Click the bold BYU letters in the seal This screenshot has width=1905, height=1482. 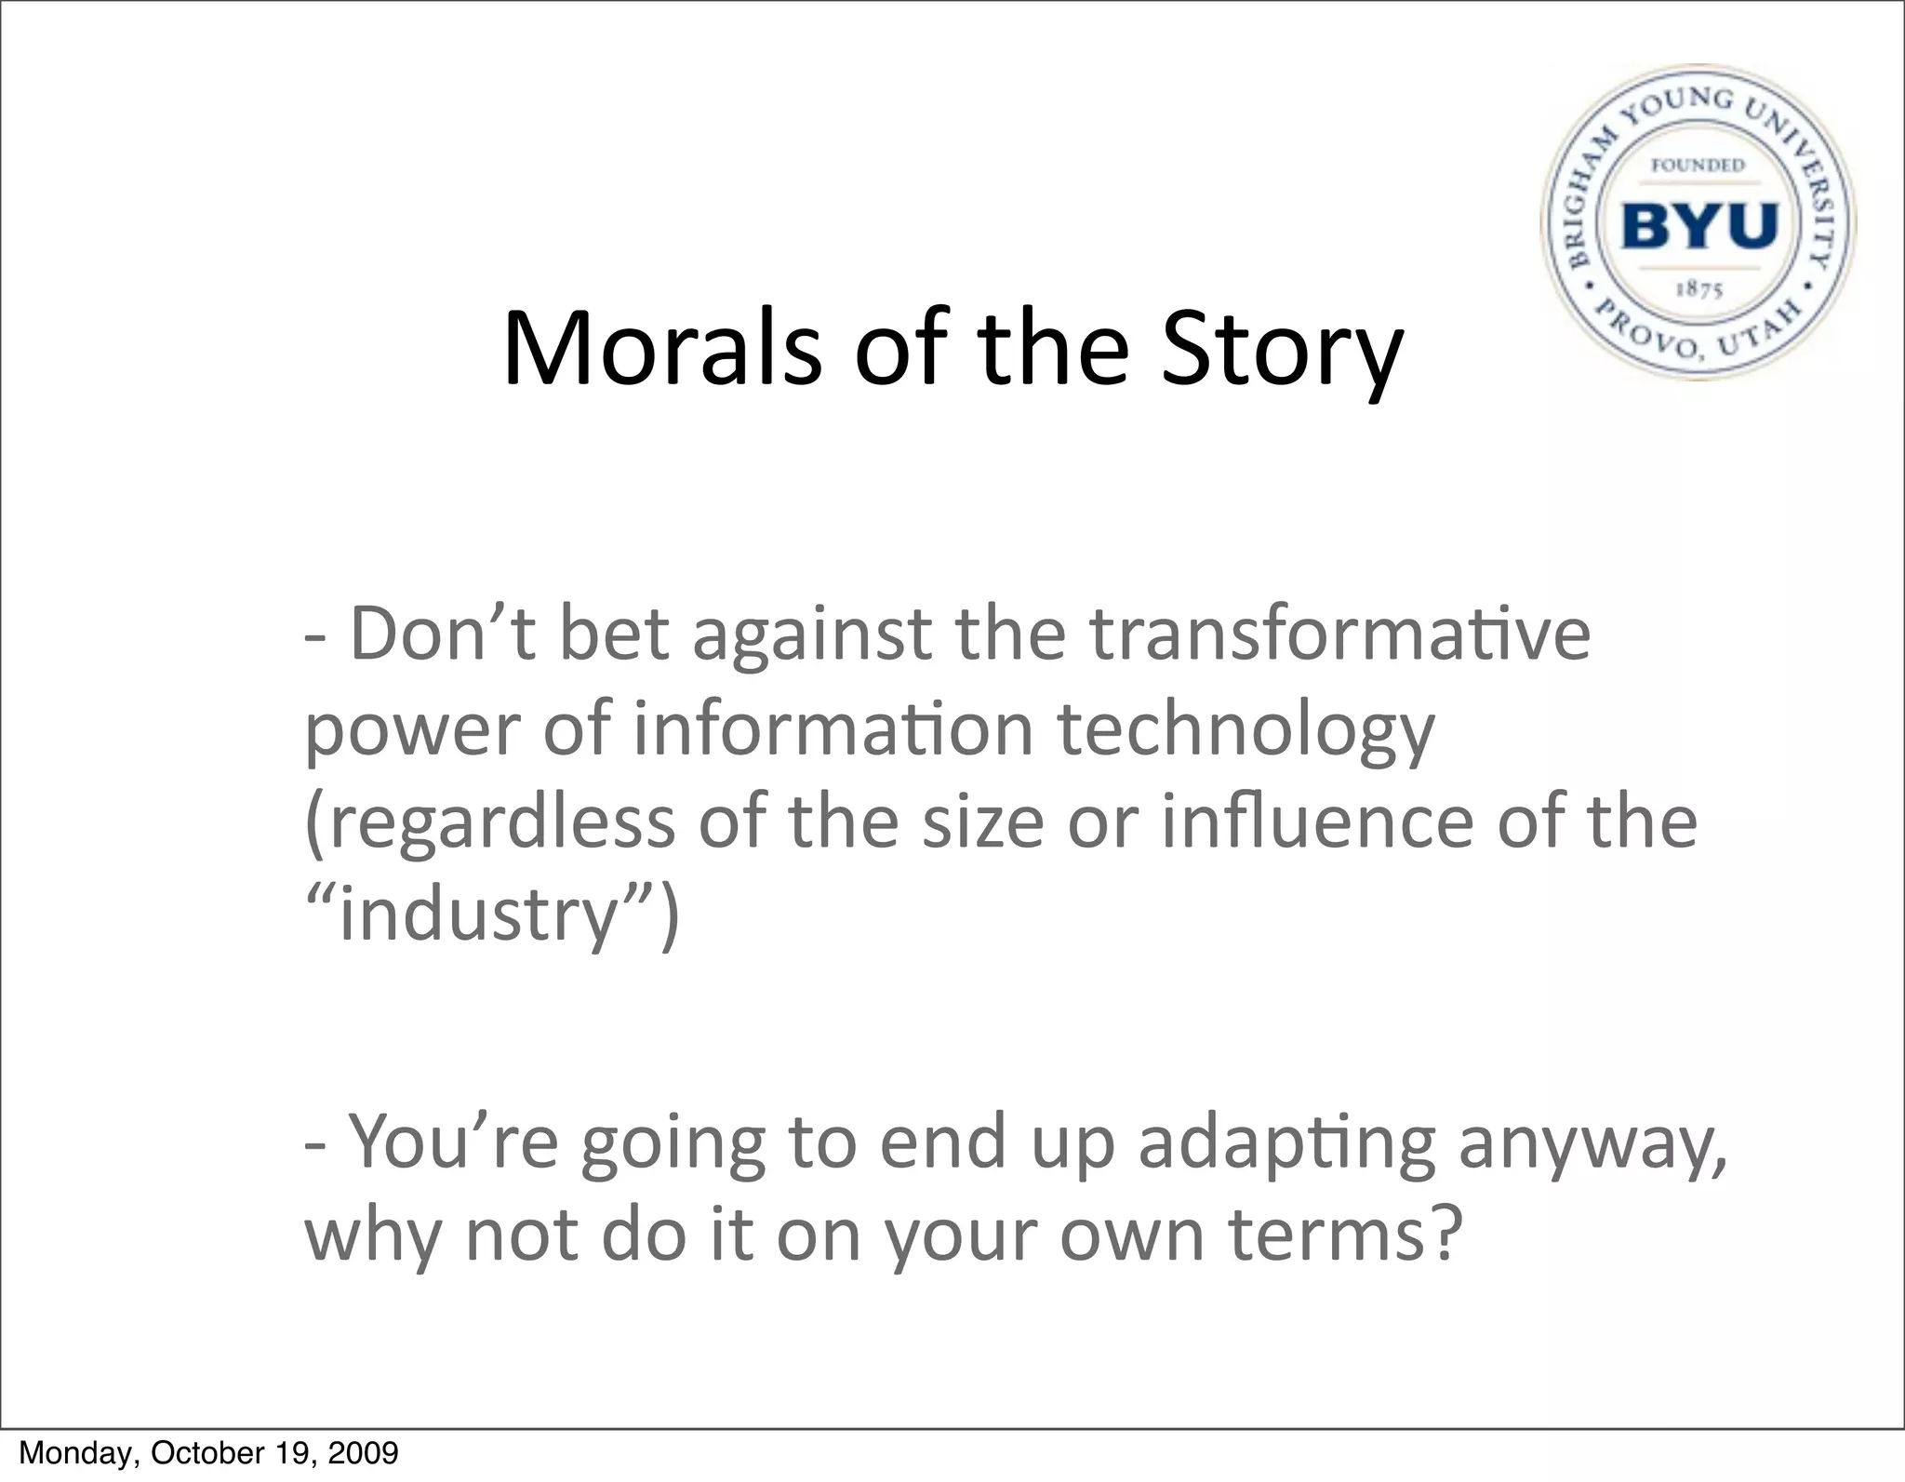click(1699, 225)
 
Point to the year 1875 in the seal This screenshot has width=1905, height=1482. click(1699, 289)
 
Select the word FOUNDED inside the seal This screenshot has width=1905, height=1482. click(1698, 165)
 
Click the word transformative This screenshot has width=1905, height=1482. click(1339, 633)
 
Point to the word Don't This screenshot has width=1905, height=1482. click(443, 633)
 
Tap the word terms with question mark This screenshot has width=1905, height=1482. click(1340, 1235)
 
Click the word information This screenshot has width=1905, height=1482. click(833, 729)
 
